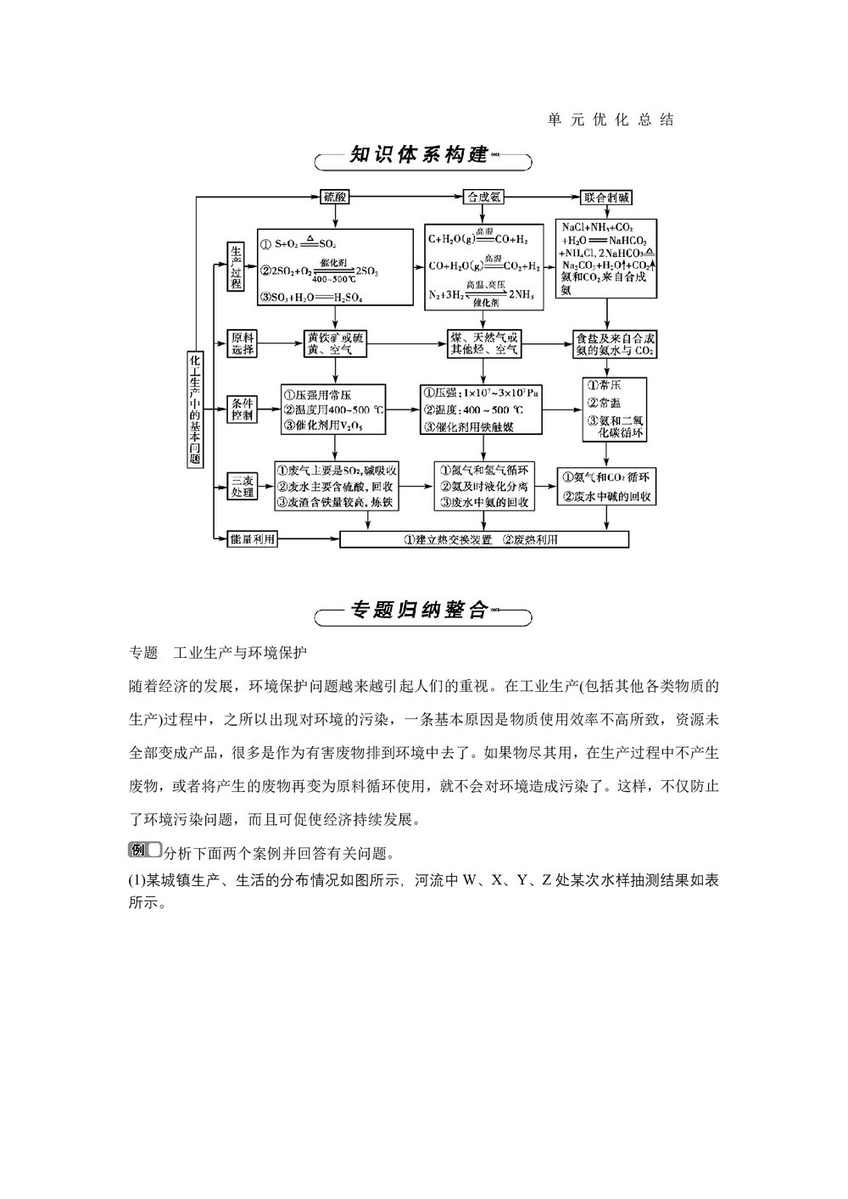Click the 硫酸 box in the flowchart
pos(335,197)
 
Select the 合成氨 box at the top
pos(484,197)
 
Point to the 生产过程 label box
pos(237,266)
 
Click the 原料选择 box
pos(243,344)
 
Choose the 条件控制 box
pos(243,410)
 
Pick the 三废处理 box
pos(243,486)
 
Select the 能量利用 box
pos(253,539)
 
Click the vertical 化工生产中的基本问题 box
pos(196,410)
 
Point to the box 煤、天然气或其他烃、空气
pos(484,344)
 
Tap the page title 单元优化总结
pos(611,120)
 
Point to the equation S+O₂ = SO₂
pos(305,243)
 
